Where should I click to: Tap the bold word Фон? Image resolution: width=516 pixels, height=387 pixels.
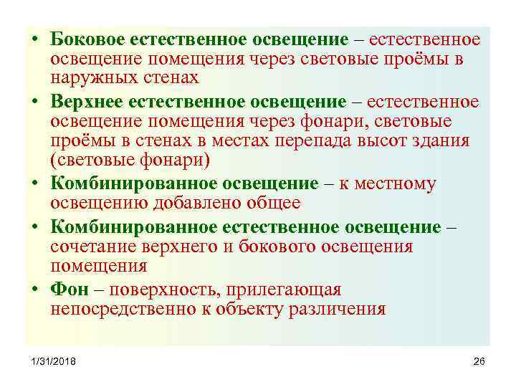69,290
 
